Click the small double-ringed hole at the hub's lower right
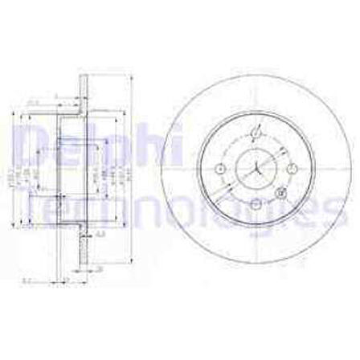279,193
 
